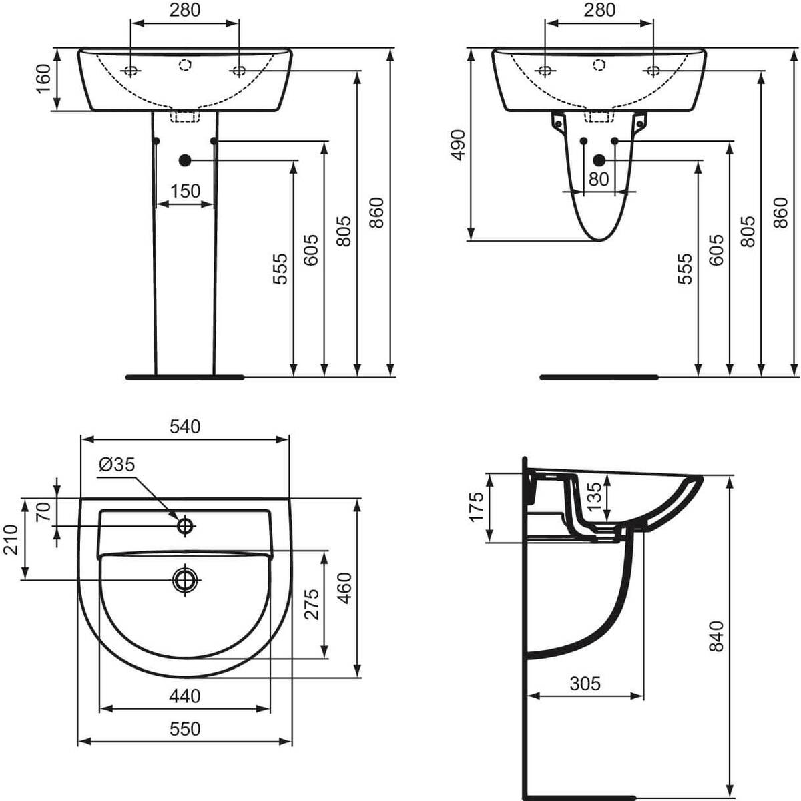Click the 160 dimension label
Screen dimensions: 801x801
44,79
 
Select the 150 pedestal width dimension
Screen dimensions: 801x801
186,191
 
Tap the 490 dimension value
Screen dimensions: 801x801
458,145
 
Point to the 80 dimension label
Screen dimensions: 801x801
599,179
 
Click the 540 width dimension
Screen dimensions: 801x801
185,427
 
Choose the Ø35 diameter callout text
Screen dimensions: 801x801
117,465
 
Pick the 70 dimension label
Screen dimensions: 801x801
44,511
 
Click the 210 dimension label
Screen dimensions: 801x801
11,539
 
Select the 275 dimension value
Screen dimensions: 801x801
312,605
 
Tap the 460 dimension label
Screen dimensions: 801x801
345,588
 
